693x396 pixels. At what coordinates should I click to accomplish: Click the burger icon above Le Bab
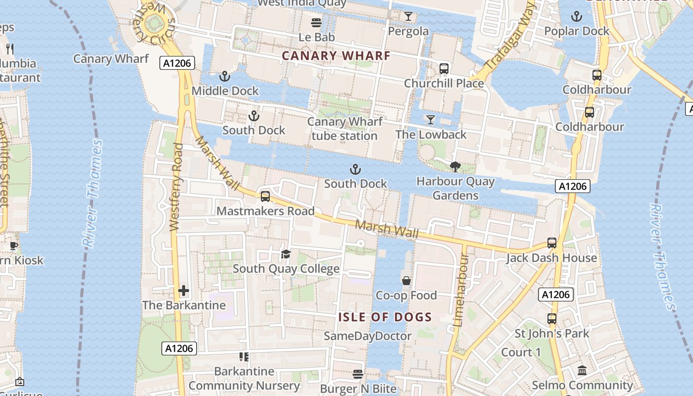point(316,22)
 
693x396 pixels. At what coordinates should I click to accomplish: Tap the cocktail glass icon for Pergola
point(408,16)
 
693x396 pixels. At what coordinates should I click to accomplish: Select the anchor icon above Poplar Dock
point(576,16)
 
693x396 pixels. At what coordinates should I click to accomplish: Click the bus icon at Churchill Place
point(444,68)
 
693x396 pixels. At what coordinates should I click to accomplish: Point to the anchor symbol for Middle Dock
point(225,76)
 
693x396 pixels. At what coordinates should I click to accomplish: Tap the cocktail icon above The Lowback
point(431,119)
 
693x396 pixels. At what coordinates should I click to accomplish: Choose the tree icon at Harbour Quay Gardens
point(455,167)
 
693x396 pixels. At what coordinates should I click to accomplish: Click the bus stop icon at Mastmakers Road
point(265,197)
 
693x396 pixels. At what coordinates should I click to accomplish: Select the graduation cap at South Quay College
point(286,254)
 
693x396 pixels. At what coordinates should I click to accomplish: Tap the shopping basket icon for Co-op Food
point(406,281)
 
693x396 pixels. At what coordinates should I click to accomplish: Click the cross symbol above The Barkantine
point(184,291)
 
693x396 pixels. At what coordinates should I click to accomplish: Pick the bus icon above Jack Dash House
point(552,243)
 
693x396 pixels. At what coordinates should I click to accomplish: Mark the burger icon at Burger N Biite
point(358,374)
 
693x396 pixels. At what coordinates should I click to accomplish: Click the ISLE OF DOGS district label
point(385,317)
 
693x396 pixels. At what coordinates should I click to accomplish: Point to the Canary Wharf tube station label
point(345,129)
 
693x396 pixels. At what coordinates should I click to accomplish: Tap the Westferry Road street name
point(176,187)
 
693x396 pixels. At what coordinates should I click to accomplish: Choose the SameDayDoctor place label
point(367,336)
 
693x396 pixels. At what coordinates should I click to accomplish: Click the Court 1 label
point(521,352)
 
